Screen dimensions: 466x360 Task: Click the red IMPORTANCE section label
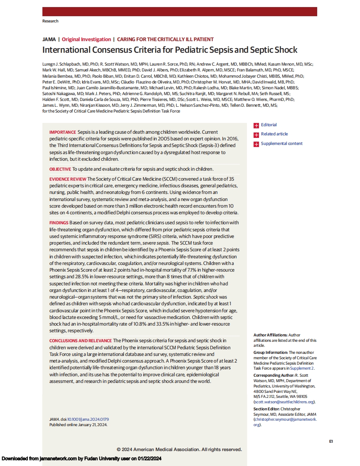(62, 132)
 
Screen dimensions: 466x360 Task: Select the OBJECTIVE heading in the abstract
(60, 169)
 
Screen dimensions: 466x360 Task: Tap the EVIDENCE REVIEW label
(68, 179)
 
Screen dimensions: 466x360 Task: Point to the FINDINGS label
(59, 223)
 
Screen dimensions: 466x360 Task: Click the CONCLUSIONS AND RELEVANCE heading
(80, 340)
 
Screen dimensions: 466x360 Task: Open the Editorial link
(269, 125)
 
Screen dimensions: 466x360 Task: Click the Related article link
(274, 134)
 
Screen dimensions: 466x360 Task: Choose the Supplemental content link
(281, 143)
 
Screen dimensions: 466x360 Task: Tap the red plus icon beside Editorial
(256, 125)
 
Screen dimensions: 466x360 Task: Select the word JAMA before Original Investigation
(48, 39)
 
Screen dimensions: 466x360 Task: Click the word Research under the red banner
(50, 21)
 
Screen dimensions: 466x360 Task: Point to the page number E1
(330, 441)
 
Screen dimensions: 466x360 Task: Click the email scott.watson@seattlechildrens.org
(284, 402)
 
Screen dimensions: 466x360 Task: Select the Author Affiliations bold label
(271, 335)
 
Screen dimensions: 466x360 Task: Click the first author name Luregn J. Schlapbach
(60, 64)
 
